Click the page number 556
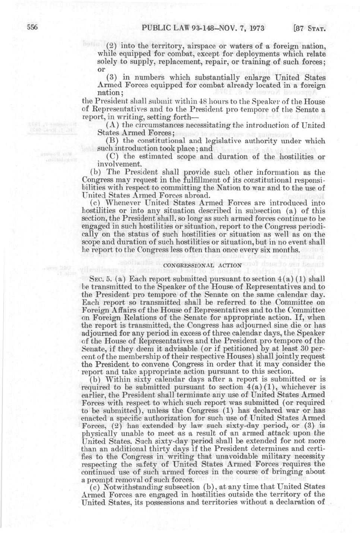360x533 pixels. (32, 28)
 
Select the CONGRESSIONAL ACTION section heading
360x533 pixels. (203, 265)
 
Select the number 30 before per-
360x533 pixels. (306, 349)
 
